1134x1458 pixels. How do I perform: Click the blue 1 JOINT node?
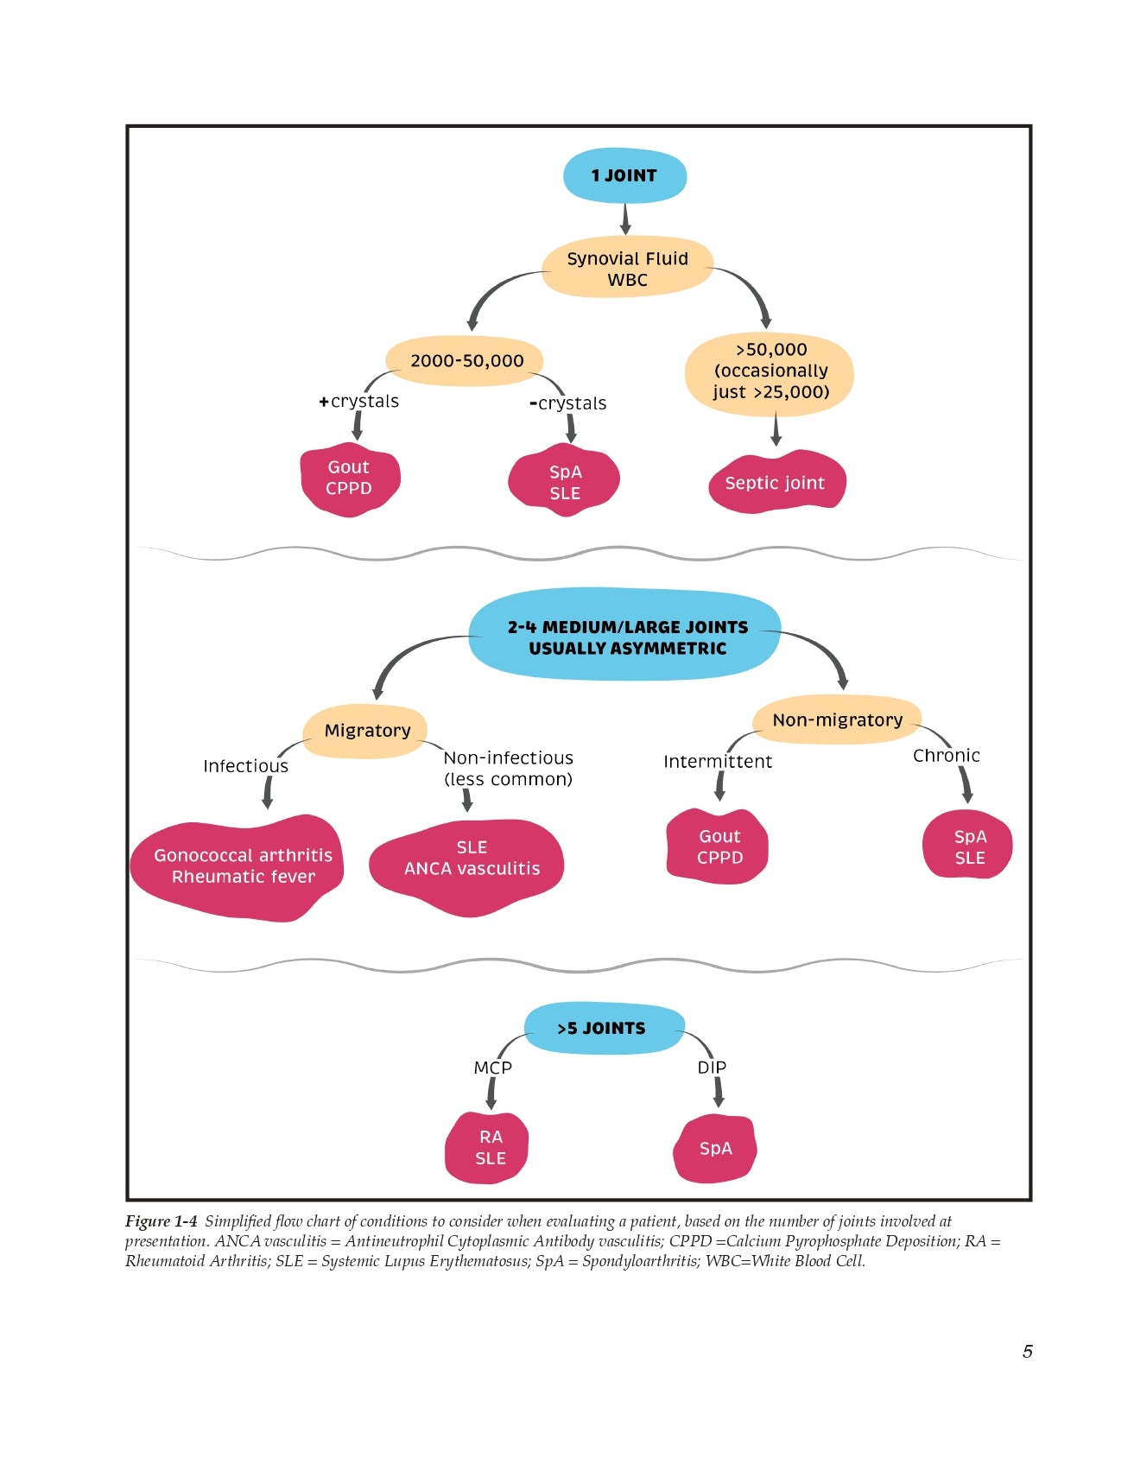coord(624,176)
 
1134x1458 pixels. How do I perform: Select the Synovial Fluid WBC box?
coord(627,269)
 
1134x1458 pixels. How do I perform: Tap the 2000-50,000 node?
coord(466,361)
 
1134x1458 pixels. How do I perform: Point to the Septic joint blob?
coord(775,483)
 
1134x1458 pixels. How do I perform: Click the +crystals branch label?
coord(359,402)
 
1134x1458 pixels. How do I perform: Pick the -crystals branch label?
coord(568,403)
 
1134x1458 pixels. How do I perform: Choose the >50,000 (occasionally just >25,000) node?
coord(770,371)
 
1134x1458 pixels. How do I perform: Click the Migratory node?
coord(367,731)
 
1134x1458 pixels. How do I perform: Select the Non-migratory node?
coord(837,720)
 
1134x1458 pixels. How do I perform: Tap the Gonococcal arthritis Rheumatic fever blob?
coord(242,866)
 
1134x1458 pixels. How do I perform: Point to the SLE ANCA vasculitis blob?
coord(472,859)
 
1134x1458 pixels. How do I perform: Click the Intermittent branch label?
coord(718,762)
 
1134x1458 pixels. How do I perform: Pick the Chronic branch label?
coord(947,756)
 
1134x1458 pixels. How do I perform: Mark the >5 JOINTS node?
coord(601,1029)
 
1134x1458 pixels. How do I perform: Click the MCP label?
coord(493,1068)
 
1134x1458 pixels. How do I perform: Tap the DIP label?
coord(712,1068)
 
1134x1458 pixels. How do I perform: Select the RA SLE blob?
coord(490,1148)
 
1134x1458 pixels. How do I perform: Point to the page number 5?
coord(1028,1352)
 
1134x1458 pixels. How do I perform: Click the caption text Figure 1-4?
coord(162,1221)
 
